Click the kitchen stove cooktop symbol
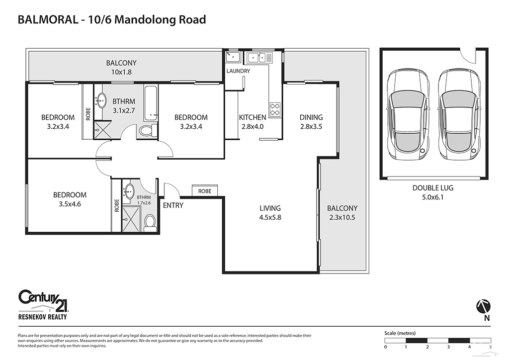275,108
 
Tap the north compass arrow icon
484,304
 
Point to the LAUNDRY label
238,71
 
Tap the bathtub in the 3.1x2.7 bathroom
151,103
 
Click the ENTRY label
173,205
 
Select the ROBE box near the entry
205,191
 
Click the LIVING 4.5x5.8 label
270,213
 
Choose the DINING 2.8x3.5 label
311,122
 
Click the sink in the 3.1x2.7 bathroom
101,100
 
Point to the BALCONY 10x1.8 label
121,67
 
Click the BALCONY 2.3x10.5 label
342,213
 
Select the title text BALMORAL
47,20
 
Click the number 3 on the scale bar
448,347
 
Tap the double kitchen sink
259,58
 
